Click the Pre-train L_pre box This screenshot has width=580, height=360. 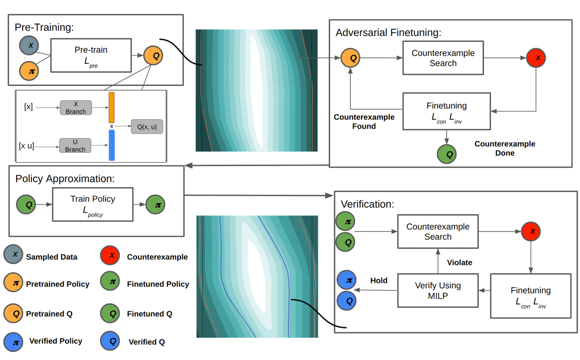[x=91, y=55]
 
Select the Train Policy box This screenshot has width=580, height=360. [x=93, y=205]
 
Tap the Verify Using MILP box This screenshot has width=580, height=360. [x=438, y=291]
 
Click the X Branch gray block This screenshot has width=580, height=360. [x=76, y=108]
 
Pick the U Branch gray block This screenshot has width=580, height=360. [x=75, y=146]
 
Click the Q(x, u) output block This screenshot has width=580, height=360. [x=147, y=127]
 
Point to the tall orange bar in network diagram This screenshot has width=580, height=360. [x=112, y=108]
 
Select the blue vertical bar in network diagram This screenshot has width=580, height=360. [x=112, y=145]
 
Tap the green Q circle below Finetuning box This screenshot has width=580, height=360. [x=447, y=154]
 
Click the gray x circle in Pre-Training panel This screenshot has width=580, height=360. [x=30, y=46]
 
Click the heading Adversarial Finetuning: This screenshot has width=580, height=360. [x=389, y=33]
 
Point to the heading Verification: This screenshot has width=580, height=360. [x=367, y=204]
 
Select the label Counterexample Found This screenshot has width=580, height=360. [x=364, y=122]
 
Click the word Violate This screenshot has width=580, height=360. [x=459, y=262]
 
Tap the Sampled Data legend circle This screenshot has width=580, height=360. [x=15, y=255]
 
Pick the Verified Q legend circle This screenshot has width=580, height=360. [x=113, y=341]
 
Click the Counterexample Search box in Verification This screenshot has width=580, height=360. [x=438, y=232]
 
